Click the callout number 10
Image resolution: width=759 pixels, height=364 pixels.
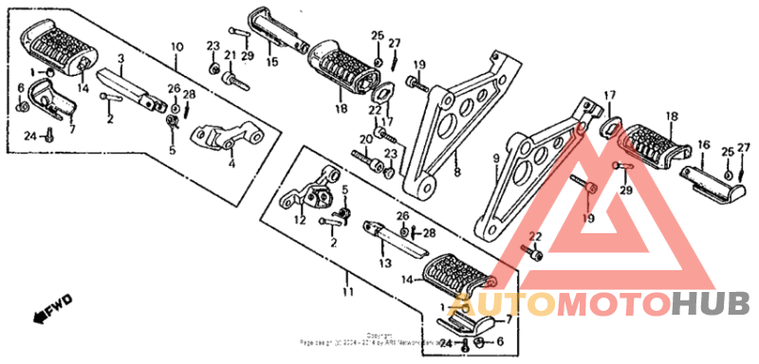(x=176, y=46)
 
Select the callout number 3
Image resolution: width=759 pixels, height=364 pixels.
(x=121, y=60)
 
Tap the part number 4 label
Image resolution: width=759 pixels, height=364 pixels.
(x=231, y=163)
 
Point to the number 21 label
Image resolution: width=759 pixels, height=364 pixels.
(x=229, y=55)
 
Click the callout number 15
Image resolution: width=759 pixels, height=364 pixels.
(x=272, y=63)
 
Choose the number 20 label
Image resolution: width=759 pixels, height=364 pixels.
(x=364, y=139)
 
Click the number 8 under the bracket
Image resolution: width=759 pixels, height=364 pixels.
(x=456, y=173)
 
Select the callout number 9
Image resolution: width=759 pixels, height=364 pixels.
(x=494, y=156)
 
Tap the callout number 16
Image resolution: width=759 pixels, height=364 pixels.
(x=703, y=145)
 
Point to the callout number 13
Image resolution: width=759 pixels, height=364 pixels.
(x=384, y=264)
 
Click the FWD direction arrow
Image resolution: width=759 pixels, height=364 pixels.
(x=53, y=308)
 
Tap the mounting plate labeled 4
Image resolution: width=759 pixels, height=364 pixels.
(x=228, y=138)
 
